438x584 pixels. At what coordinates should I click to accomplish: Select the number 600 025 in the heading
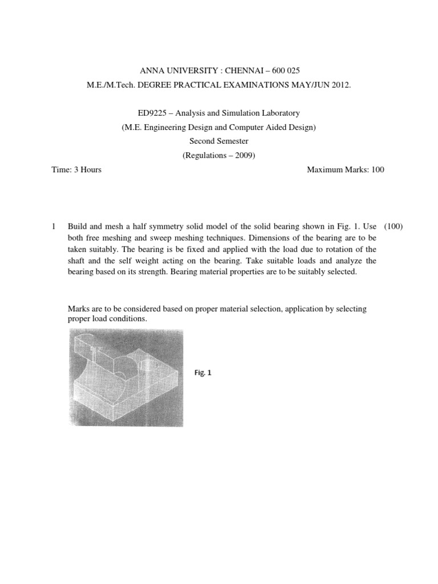[x=282, y=70]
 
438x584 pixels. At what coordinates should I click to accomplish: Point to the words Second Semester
[x=219, y=141]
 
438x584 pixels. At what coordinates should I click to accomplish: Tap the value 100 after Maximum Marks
[x=378, y=169]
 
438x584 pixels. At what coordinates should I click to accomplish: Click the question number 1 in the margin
[x=54, y=226]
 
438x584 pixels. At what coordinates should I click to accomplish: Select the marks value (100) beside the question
[x=393, y=226]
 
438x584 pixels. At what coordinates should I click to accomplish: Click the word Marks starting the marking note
[x=79, y=309]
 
